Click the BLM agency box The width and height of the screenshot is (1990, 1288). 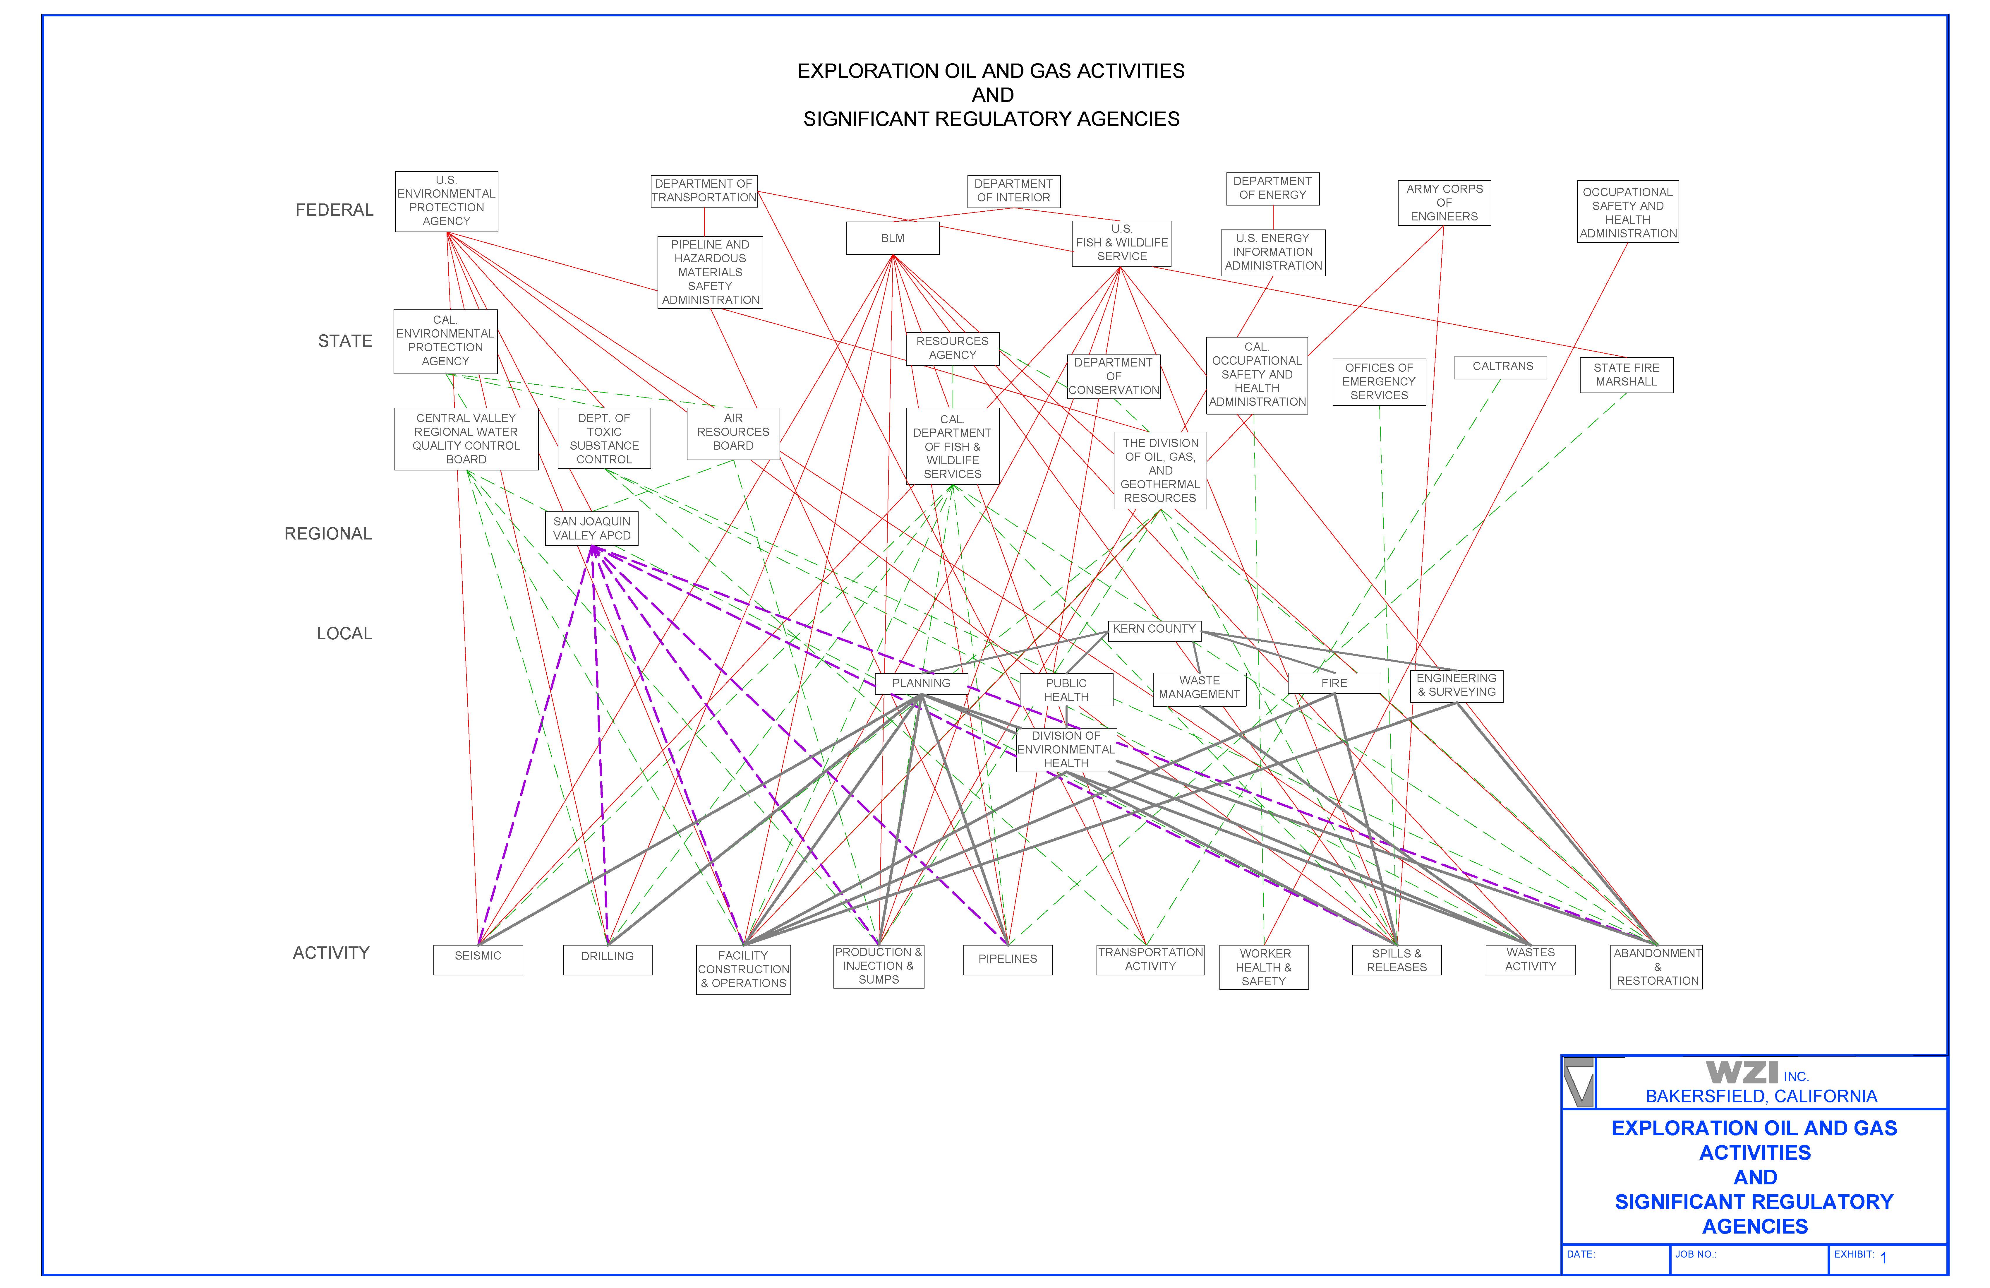click(892, 238)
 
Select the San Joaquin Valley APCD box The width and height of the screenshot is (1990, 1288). click(591, 529)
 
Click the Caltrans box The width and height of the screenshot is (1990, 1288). click(1502, 367)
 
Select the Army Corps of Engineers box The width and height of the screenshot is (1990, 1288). click(1444, 203)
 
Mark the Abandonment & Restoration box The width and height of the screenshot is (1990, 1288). click(1656, 968)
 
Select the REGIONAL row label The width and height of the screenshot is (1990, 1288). click(328, 534)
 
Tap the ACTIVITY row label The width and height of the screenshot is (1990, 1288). click(331, 953)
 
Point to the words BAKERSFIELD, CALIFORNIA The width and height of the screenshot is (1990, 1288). click(1761, 1097)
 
